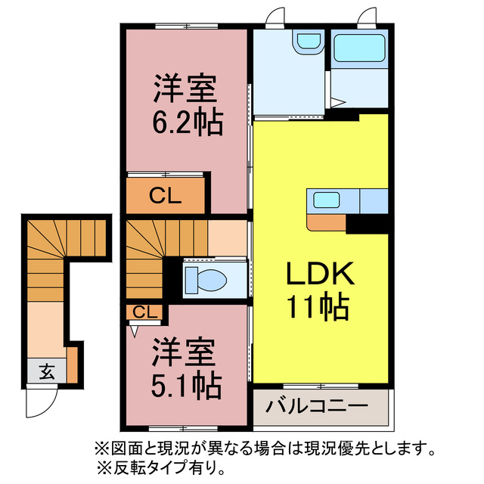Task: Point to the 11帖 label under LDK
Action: coord(317,306)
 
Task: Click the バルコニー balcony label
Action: coord(317,406)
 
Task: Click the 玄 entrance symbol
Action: coord(47,371)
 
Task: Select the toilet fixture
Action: coord(206,278)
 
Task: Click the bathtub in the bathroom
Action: coord(360,49)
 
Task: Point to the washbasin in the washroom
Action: coord(308,41)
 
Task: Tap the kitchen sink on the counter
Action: coord(327,200)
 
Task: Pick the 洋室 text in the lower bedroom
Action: coord(188,353)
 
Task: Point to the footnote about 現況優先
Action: coord(264,448)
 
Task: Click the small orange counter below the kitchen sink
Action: coord(327,222)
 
